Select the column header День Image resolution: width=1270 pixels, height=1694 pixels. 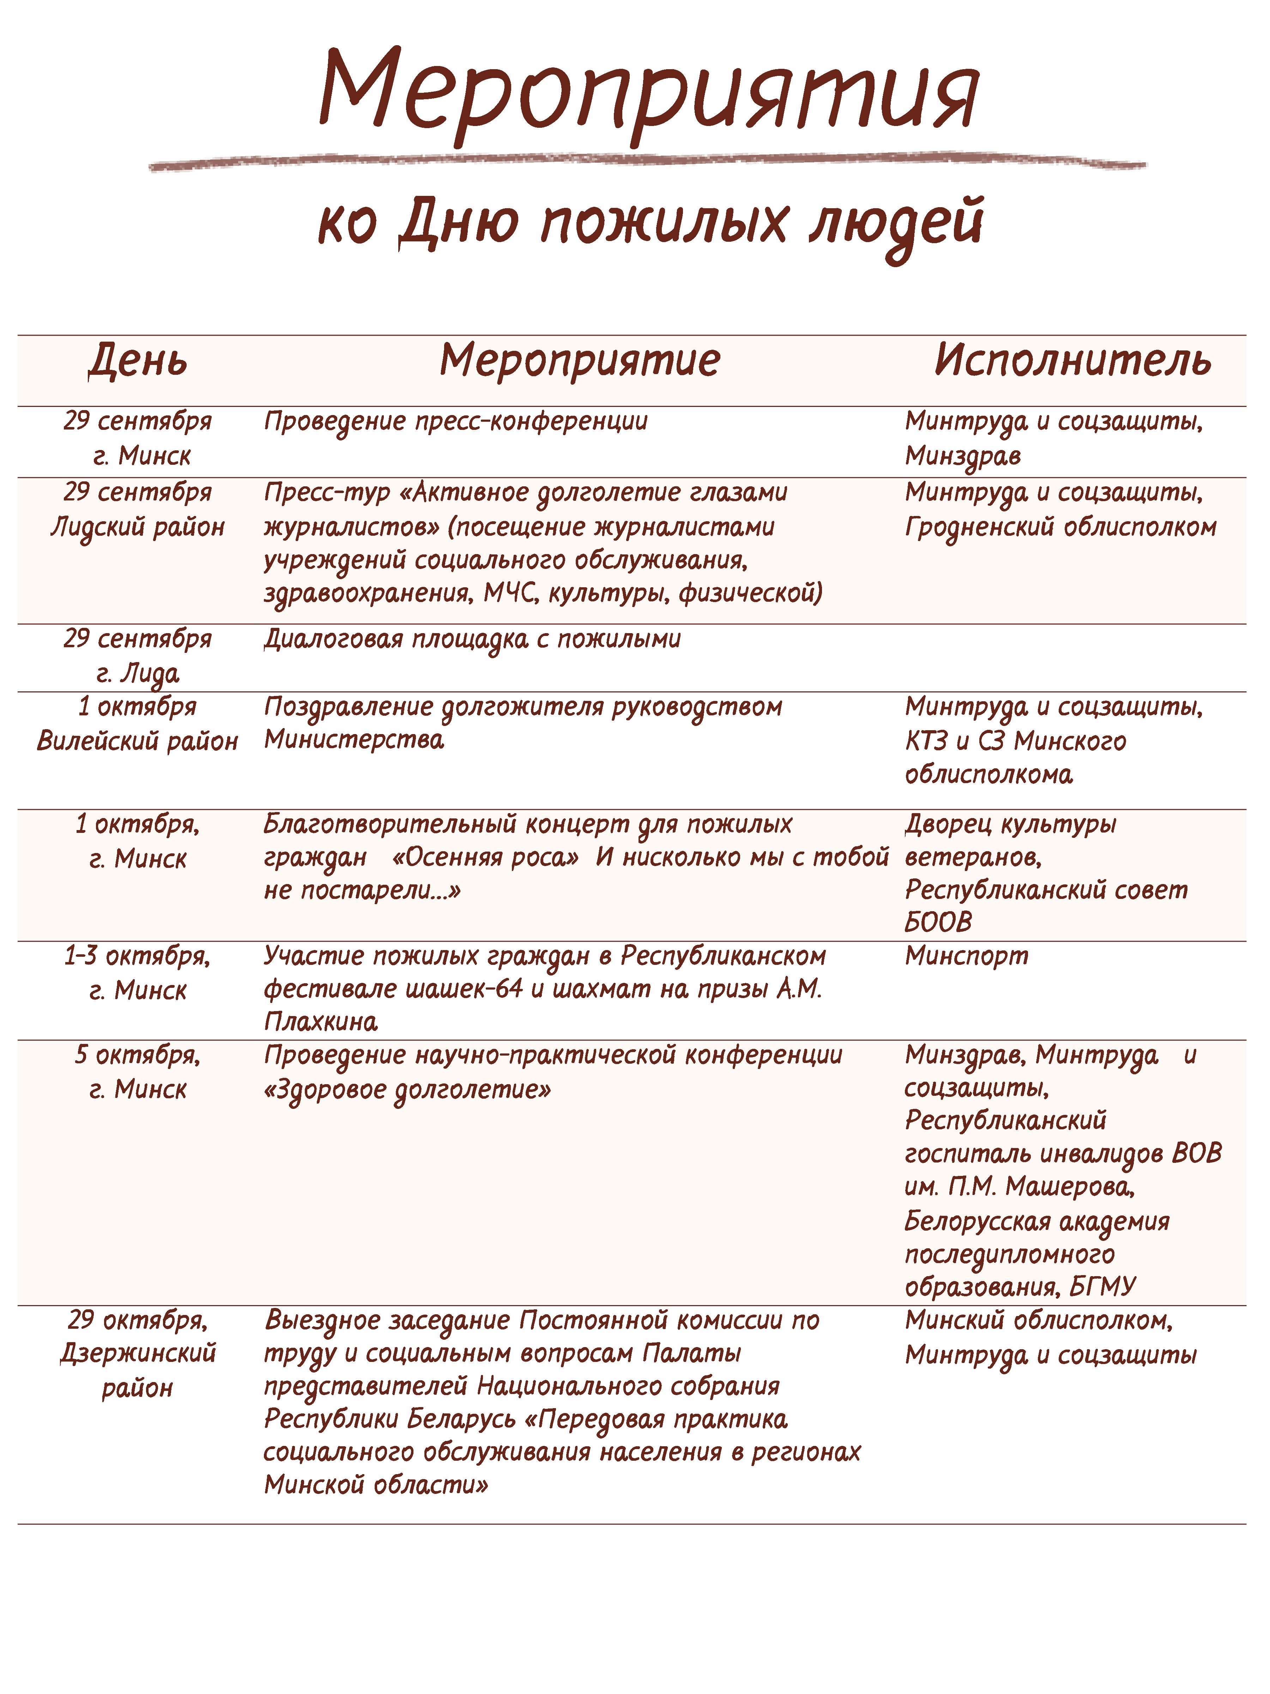tap(138, 360)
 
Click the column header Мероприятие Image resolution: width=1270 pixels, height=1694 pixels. tap(580, 360)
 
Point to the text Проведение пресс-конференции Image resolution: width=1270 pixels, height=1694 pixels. tap(455, 421)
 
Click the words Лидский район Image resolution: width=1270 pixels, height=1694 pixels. tap(138, 527)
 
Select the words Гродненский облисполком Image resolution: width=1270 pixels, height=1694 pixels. tap(1060, 527)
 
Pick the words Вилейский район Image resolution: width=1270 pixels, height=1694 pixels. tap(138, 740)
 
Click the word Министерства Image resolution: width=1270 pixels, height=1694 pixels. tap(354, 740)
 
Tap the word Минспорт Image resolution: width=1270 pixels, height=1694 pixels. tap(966, 956)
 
